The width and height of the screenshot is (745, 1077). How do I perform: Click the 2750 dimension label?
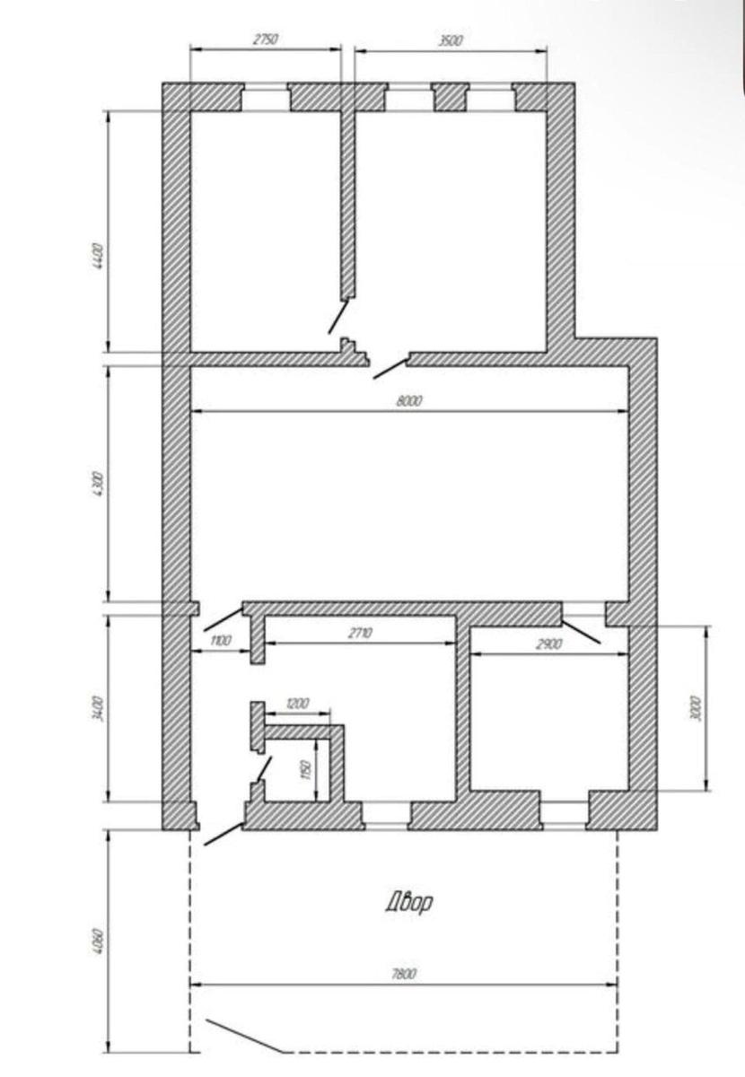[265, 39]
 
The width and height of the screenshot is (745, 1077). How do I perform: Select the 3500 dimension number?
[451, 40]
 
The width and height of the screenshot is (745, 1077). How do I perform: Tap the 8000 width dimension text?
[408, 400]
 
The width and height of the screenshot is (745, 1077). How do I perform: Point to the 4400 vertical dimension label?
[97, 257]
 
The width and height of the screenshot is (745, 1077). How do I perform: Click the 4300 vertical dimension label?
[97, 485]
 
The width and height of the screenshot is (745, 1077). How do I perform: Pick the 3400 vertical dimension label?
[97, 707]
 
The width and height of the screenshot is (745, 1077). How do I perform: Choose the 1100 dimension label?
[221, 641]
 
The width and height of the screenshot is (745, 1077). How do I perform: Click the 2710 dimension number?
[360, 633]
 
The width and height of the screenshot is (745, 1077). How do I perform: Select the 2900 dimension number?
[548, 644]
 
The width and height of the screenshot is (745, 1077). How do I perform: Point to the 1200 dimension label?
[297, 704]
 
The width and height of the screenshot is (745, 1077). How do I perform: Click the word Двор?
[408, 903]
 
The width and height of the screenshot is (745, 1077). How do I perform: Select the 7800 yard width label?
[404, 974]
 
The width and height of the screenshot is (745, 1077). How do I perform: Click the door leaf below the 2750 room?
[337, 316]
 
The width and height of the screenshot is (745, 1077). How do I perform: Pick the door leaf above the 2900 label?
[581, 631]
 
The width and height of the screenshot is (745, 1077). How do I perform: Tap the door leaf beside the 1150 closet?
[264, 769]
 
